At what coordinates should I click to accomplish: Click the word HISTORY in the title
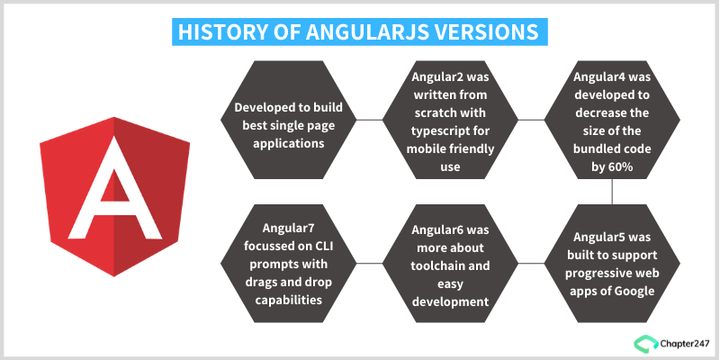pyautogui.click(x=217, y=31)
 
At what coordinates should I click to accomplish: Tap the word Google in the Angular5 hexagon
pyautogui.click(x=634, y=290)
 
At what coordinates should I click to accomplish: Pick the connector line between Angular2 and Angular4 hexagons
pyautogui.click(x=531, y=120)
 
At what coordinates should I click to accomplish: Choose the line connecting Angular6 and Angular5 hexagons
pyautogui.click(x=531, y=263)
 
